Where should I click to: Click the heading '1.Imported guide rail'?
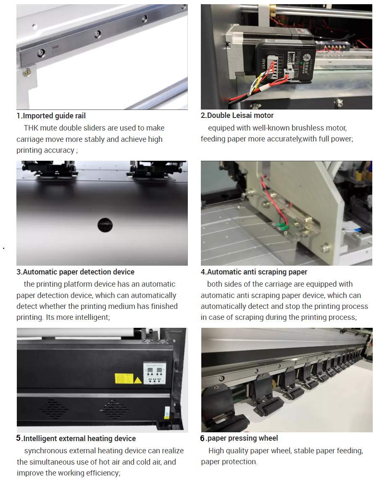click(51, 116)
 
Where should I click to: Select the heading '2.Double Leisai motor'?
click(237, 115)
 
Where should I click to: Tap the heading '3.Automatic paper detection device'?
click(76, 272)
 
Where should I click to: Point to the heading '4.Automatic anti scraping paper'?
click(254, 272)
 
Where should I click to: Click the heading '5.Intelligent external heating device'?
click(76, 438)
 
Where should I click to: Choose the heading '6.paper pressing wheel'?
click(239, 438)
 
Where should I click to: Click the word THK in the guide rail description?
click(31, 128)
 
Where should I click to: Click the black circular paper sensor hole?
click(105, 225)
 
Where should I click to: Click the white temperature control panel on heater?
click(155, 373)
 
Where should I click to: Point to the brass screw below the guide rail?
click(27, 72)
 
